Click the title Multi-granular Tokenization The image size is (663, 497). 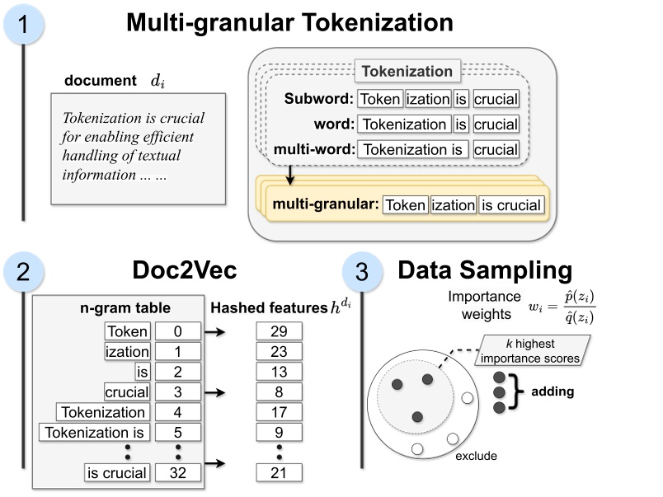(x=289, y=22)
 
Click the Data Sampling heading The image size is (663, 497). (x=484, y=271)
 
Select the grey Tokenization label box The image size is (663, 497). (x=407, y=72)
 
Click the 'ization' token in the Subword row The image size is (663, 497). (x=427, y=100)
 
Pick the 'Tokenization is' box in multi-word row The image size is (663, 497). (x=415, y=150)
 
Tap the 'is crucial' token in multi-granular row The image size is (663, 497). (x=511, y=205)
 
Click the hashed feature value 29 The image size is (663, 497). (x=280, y=331)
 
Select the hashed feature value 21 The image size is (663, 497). (x=280, y=472)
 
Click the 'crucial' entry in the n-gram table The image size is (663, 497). (x=127, y=392)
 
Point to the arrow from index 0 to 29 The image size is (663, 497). (x=215, y=332)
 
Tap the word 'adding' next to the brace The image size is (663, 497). (x=552, y=392)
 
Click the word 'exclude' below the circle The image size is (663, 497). (x=477, y=454)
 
